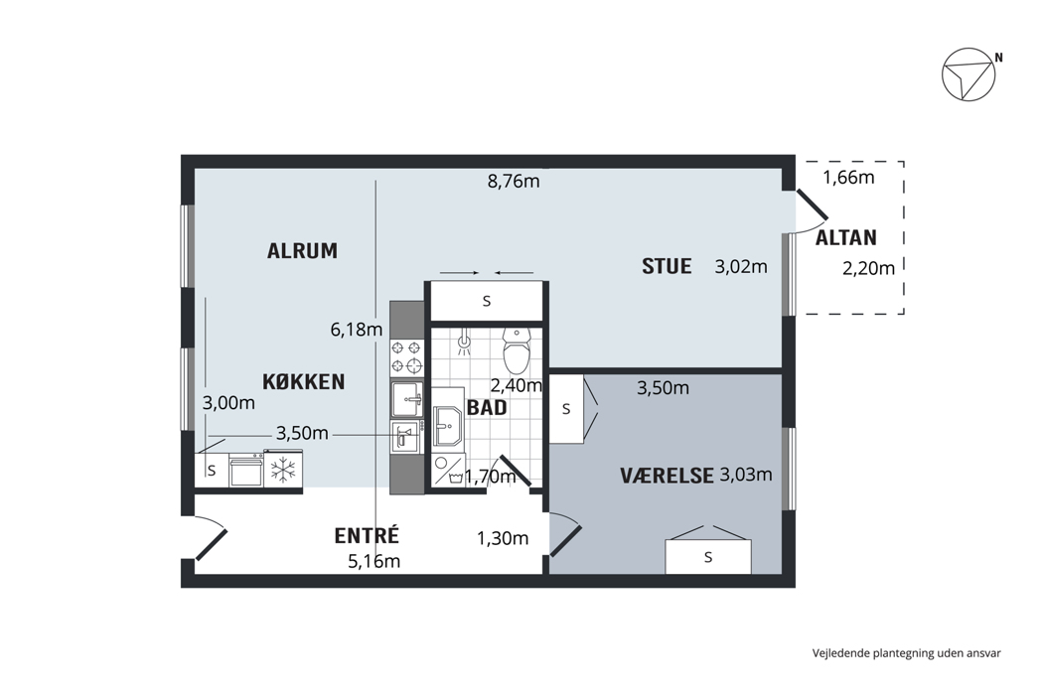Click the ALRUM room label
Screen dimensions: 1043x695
coord(302,251)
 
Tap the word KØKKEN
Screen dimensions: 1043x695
coord(303,381)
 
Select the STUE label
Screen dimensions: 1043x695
coord(667,266)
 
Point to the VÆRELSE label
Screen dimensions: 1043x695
coord(668,476)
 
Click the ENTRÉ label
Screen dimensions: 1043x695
coord(366,535)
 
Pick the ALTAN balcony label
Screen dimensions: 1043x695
coord(846,237)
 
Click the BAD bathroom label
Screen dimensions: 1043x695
coord(487,408)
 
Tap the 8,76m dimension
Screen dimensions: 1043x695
coord(514,181)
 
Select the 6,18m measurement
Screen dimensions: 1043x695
coord(357,330)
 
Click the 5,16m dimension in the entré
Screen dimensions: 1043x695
coord(373,561)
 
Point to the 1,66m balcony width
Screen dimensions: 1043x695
coord(848,178)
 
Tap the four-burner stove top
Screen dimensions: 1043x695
coord(406,356)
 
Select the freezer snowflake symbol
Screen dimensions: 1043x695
coord(283,471)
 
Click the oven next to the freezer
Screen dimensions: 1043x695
coord(245,471)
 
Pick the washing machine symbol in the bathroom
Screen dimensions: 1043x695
coord(448,470)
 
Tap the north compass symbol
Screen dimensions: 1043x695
coord(968,74)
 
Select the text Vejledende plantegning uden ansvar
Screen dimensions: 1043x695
coord(906,653)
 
